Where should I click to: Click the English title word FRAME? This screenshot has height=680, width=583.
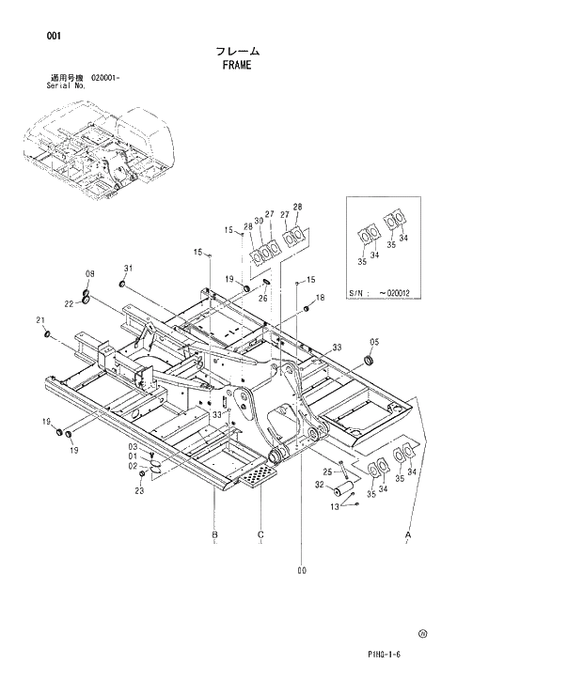[x=237, y=66]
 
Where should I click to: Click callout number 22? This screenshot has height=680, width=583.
[x=70, y=302]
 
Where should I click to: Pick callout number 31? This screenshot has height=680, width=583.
[x=130, y=268]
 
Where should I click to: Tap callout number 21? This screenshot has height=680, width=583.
[x=41, y=320]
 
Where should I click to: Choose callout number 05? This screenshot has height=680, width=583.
[x=374, y=342]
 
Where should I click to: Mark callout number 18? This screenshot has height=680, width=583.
[x=320, y=298]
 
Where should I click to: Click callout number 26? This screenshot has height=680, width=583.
[x=263, y=299]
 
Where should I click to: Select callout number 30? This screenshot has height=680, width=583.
[x=258, y=221]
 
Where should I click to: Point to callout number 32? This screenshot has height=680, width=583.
[x=320, y=485]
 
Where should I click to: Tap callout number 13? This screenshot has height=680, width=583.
[x=334, y=507]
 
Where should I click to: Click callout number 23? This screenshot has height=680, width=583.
[x=139, y=490]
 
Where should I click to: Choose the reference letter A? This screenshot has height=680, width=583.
[x=408, y=534]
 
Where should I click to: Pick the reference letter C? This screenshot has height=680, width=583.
[x=260, y=534]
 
